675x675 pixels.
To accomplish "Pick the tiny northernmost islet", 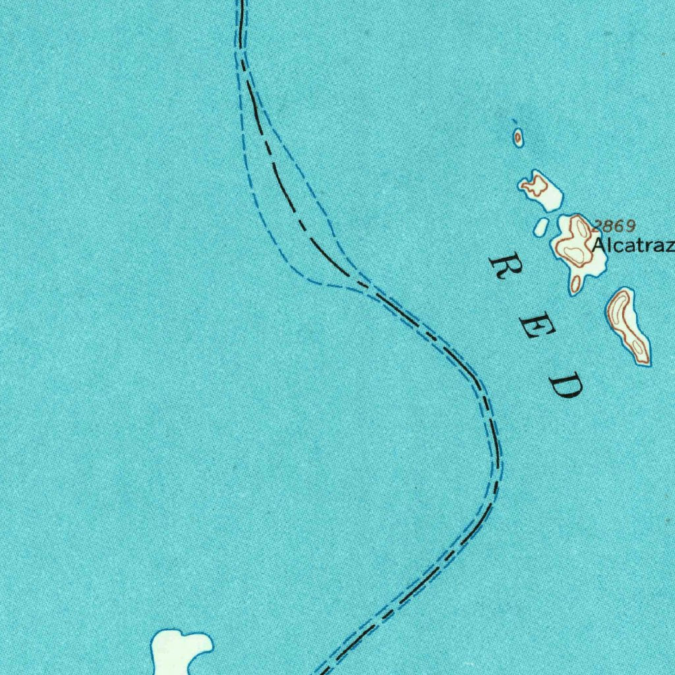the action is click(518, 138).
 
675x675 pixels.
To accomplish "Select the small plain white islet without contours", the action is click(541, 226).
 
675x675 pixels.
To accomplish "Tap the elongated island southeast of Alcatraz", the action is click(628, 326).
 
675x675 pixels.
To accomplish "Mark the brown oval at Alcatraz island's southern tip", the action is click(576, 284).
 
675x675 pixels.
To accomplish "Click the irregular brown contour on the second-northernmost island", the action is click(535, 186).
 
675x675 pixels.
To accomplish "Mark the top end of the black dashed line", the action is click(241, 2).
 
